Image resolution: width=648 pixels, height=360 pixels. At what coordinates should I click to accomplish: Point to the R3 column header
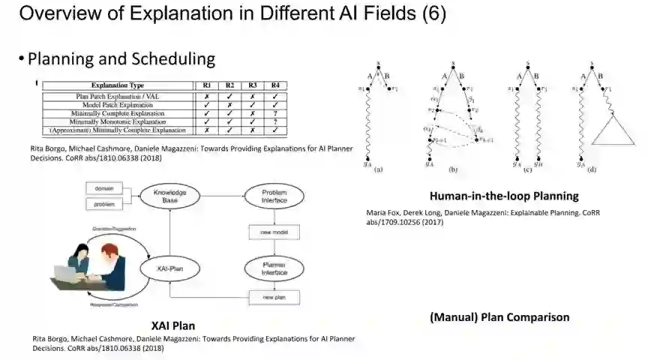pos(253,85)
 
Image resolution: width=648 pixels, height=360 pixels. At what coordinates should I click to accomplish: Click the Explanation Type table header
pos(117,85)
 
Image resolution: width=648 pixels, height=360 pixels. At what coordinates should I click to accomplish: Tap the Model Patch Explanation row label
pos(117,105)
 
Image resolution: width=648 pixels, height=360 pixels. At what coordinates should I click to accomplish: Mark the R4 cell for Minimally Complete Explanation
pos(276,113)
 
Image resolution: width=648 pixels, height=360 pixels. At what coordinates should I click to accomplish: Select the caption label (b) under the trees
pos(452,169)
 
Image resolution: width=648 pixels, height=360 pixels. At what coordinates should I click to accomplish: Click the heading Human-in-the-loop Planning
pos(503,196)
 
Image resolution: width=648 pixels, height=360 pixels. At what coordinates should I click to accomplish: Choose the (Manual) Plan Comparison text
pos(499,317)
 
